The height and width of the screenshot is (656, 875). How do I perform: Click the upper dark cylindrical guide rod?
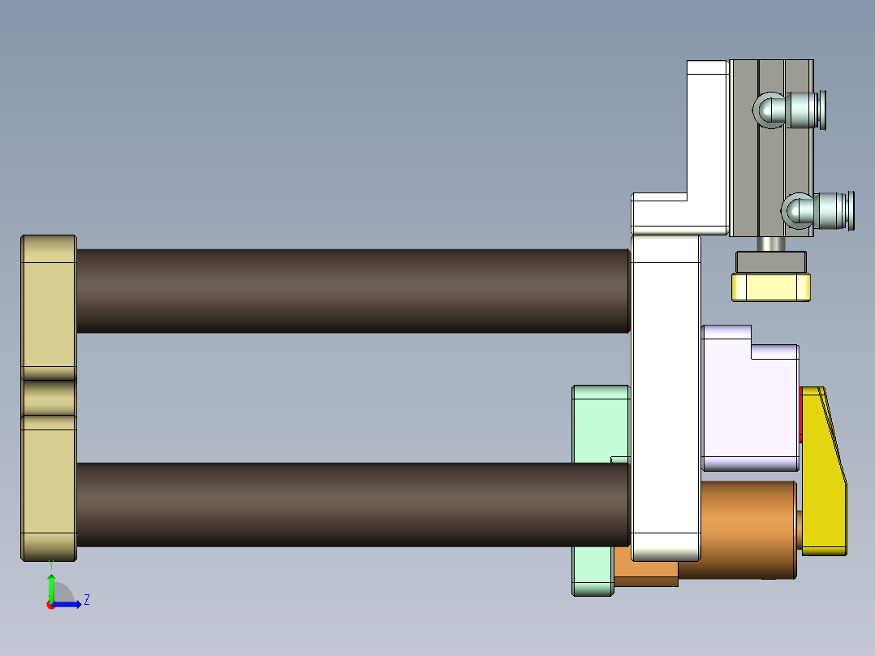(349, 291)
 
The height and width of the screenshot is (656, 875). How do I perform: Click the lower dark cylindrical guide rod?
(349, 504)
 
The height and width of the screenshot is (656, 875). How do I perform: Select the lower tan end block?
(48, 487)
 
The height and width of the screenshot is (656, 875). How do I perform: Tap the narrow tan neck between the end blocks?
(48, 399)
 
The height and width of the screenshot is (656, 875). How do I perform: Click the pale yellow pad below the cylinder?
(771, 287)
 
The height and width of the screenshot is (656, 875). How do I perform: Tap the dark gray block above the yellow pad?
(771, 261)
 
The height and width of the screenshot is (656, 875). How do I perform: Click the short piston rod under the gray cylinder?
(771, 244)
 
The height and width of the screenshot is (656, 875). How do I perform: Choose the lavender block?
(748, 406)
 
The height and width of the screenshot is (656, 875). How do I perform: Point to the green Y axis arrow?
(51, 586)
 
